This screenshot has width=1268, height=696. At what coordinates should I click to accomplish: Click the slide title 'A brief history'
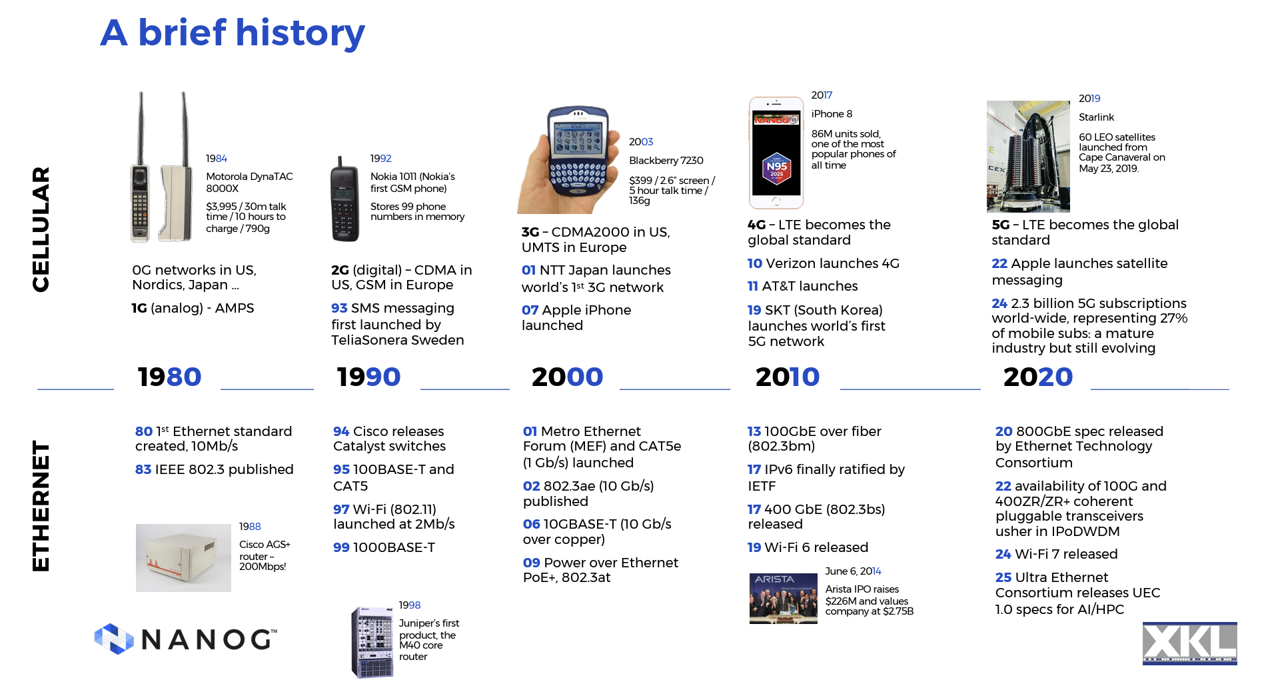(233, 33)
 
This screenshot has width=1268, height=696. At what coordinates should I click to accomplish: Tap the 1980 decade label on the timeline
(169, 377)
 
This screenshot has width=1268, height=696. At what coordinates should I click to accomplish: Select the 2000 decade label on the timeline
(567, 377)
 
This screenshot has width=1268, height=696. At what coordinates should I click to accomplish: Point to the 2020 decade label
(1038, 377)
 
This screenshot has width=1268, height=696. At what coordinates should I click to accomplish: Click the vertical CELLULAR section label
(41, 229)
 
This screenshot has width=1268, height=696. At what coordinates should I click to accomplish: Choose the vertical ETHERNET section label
(41, 505)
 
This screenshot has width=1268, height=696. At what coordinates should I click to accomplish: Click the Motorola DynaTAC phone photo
(161, 167)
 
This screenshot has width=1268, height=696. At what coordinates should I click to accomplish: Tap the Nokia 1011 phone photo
(344, 199)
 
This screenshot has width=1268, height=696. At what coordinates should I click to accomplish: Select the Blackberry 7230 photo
(565, 159)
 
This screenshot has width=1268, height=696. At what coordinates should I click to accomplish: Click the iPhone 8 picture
(776, 153)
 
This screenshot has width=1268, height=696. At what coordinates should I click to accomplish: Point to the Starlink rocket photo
(1028, 156)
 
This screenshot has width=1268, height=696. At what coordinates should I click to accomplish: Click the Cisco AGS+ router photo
(183, 557)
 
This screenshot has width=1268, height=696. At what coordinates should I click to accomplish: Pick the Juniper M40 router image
(372, 642)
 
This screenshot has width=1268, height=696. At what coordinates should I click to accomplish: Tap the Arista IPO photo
(783, 598)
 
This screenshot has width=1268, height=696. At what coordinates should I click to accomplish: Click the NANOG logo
(185, 639)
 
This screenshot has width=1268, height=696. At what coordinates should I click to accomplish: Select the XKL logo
(1189, 643)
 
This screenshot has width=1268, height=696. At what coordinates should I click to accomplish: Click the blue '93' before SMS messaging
(339, 308)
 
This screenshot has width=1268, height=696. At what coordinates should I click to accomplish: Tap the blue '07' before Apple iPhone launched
(530, 310)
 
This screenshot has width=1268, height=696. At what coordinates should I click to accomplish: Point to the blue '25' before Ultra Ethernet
(1003, 577)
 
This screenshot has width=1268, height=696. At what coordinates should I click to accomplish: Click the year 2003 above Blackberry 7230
(641, 141)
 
